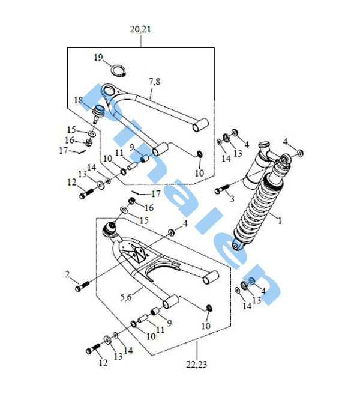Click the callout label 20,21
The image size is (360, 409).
[140, 29]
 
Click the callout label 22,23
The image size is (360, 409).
[197, 364]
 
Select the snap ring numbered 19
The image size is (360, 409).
[118, 70]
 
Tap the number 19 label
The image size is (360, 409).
[98, 58]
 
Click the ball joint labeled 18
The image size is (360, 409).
[98, 113]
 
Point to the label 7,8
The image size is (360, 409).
[155, 82]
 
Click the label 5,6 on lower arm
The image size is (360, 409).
[126, 297]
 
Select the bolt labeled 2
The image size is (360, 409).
[82, 286]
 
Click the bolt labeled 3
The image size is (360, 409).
[222, 189]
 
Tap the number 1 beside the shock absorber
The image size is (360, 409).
[280, 220]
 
